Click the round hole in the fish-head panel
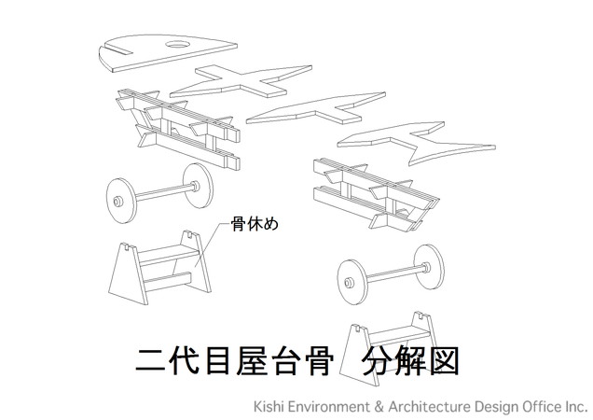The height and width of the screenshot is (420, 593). [178, 45]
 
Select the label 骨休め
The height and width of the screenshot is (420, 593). [255, 223]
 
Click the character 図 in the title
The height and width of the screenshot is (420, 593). [444, 361]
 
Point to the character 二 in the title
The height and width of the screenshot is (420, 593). [151, 361]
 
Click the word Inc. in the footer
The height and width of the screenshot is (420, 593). [575, 407]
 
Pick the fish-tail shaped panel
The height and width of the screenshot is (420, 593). [416, 142]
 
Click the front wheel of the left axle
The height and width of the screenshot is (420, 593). [121, 201]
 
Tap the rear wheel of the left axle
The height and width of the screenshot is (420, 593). [199, 186]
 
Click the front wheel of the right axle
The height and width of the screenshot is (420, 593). [352, 282]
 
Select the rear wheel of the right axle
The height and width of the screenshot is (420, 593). [430, 267]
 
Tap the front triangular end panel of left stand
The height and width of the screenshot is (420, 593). [128, 273]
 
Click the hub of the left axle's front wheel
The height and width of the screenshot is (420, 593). [118, 201]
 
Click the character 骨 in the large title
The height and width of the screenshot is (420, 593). [319, 361]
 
